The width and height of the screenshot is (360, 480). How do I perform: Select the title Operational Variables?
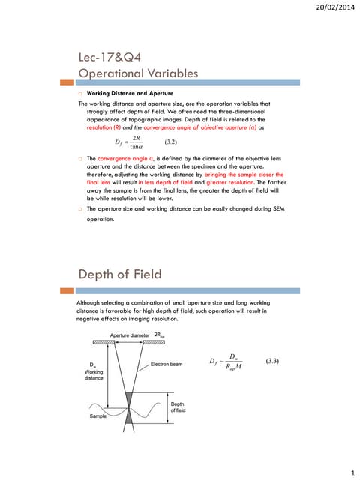point(138,73)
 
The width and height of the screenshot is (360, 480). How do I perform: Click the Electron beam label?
point(169,364)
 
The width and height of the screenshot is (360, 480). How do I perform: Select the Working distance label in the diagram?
point(93,372)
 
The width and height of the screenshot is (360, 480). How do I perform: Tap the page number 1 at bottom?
point(352,473)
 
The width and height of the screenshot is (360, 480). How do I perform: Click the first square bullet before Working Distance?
point(81,93)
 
